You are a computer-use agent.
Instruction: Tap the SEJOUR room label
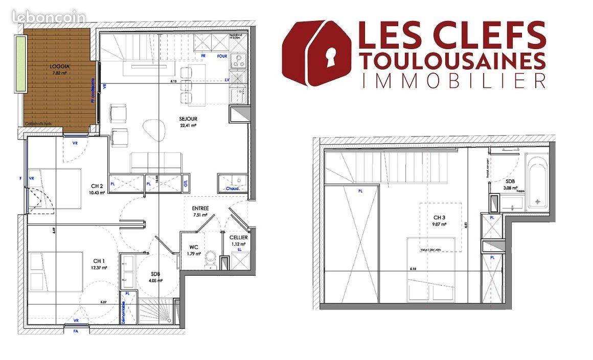click(189, 119)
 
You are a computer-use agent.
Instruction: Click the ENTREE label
click(199, 209)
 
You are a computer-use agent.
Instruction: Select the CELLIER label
click(238, 238)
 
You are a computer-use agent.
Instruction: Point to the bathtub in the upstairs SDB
click(538, 183)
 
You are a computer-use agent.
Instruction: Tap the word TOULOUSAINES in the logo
click(452, 61)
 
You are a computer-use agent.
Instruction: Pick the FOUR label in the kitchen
click(222, 56)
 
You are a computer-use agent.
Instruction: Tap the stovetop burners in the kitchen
click(237, 61)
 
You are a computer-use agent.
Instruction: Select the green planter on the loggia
click(20, 64)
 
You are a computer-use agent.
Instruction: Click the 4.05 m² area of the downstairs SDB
click(156, 280)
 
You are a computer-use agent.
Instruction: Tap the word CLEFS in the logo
click(488, 34)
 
